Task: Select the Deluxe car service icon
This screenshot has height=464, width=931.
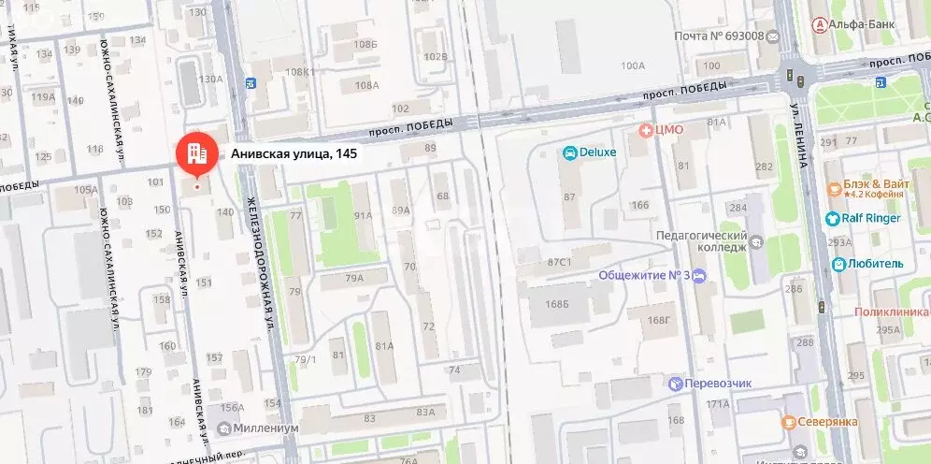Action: [568, 152]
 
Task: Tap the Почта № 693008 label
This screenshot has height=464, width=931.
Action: [720, 36]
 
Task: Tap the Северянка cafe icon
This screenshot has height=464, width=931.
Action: [788, 422]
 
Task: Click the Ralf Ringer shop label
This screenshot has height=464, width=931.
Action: [871, 219]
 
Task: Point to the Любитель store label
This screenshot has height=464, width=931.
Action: [875, 264]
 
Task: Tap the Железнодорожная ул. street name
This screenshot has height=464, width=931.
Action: [261, 265]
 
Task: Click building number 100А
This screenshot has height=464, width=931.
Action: [633, 65]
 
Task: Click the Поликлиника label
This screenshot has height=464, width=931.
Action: [893, 311]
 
